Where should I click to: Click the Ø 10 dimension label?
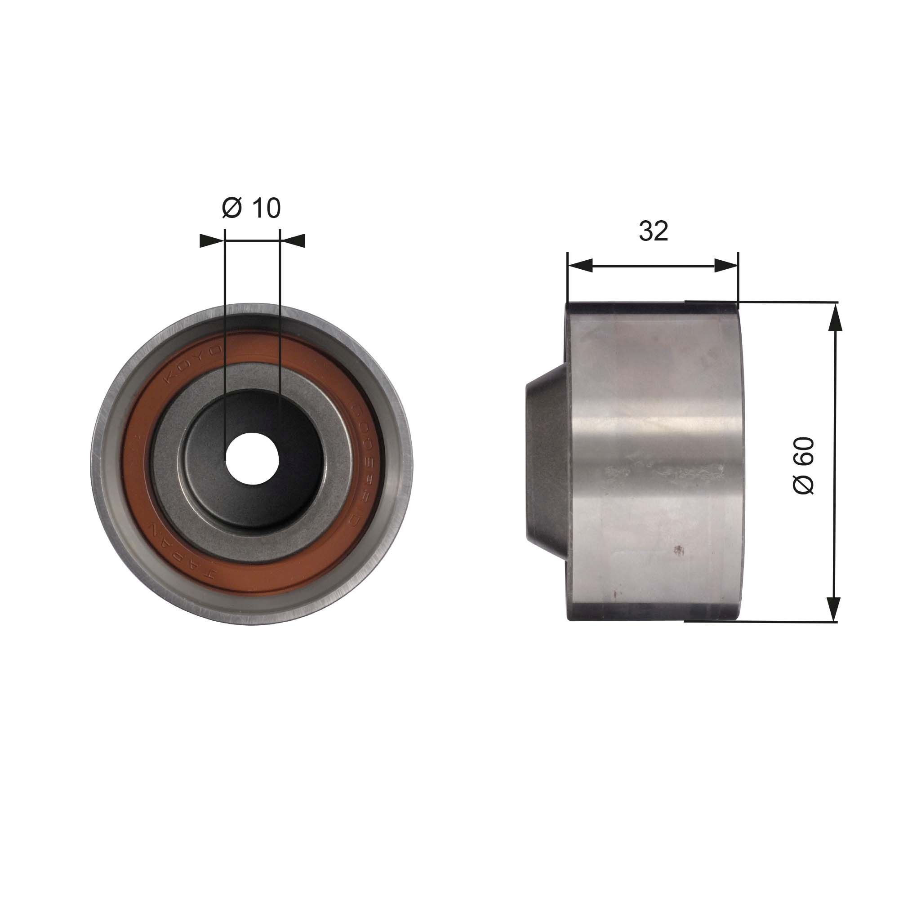pos(252,208)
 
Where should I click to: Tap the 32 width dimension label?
pos(653,230)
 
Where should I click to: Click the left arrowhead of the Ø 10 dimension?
pos(212,240)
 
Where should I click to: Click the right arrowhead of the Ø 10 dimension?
pos(293,240)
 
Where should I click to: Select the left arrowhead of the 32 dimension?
pos(580,266)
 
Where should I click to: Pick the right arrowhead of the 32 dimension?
pos(726,266)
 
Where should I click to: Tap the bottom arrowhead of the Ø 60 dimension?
pos(836,608)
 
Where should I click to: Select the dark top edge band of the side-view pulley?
pos(651,308)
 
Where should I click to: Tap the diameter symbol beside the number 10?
pos(232,208)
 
